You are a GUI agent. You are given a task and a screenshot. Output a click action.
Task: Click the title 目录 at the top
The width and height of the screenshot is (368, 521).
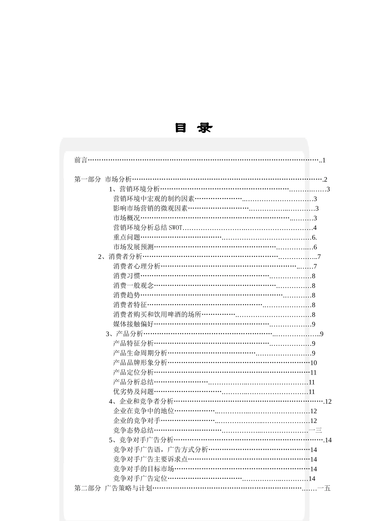[193, 128]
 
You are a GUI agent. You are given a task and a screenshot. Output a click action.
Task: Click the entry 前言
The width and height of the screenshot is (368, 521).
[81, 160]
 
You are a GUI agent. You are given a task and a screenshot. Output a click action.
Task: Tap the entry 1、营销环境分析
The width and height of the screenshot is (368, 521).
[134, 189]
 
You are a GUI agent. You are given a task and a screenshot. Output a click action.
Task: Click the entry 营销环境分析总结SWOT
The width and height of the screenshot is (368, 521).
[148, 228]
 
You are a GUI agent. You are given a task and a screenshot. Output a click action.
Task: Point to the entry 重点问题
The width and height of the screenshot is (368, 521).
[127, 238]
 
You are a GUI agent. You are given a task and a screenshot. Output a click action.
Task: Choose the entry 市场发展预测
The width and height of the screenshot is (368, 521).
[134, 247]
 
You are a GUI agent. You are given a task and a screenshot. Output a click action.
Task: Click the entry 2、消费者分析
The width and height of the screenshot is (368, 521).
[120, 257]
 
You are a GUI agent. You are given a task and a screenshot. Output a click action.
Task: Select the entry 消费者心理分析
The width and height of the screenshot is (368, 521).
[137, 266]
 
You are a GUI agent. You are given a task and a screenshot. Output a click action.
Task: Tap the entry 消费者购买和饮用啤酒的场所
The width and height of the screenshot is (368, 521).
[157, 314]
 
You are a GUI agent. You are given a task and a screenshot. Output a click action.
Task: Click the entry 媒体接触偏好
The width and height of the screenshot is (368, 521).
[134, 324]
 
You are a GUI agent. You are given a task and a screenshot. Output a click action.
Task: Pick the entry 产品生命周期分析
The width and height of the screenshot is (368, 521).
[140, 353]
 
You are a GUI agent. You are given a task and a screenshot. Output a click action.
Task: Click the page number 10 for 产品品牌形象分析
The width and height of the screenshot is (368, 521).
[313, 363]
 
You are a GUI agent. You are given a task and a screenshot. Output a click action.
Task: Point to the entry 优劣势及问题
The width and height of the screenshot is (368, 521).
[134, 392]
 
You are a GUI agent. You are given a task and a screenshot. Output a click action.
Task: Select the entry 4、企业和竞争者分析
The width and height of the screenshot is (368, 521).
[141, 401]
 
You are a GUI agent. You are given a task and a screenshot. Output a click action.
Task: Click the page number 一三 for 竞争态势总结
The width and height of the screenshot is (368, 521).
[316, 430]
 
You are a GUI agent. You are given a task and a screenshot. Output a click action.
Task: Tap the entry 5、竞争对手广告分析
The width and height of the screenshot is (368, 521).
[141, 440]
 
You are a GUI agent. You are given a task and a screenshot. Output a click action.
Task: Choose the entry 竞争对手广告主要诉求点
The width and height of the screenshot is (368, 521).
[150, 459]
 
